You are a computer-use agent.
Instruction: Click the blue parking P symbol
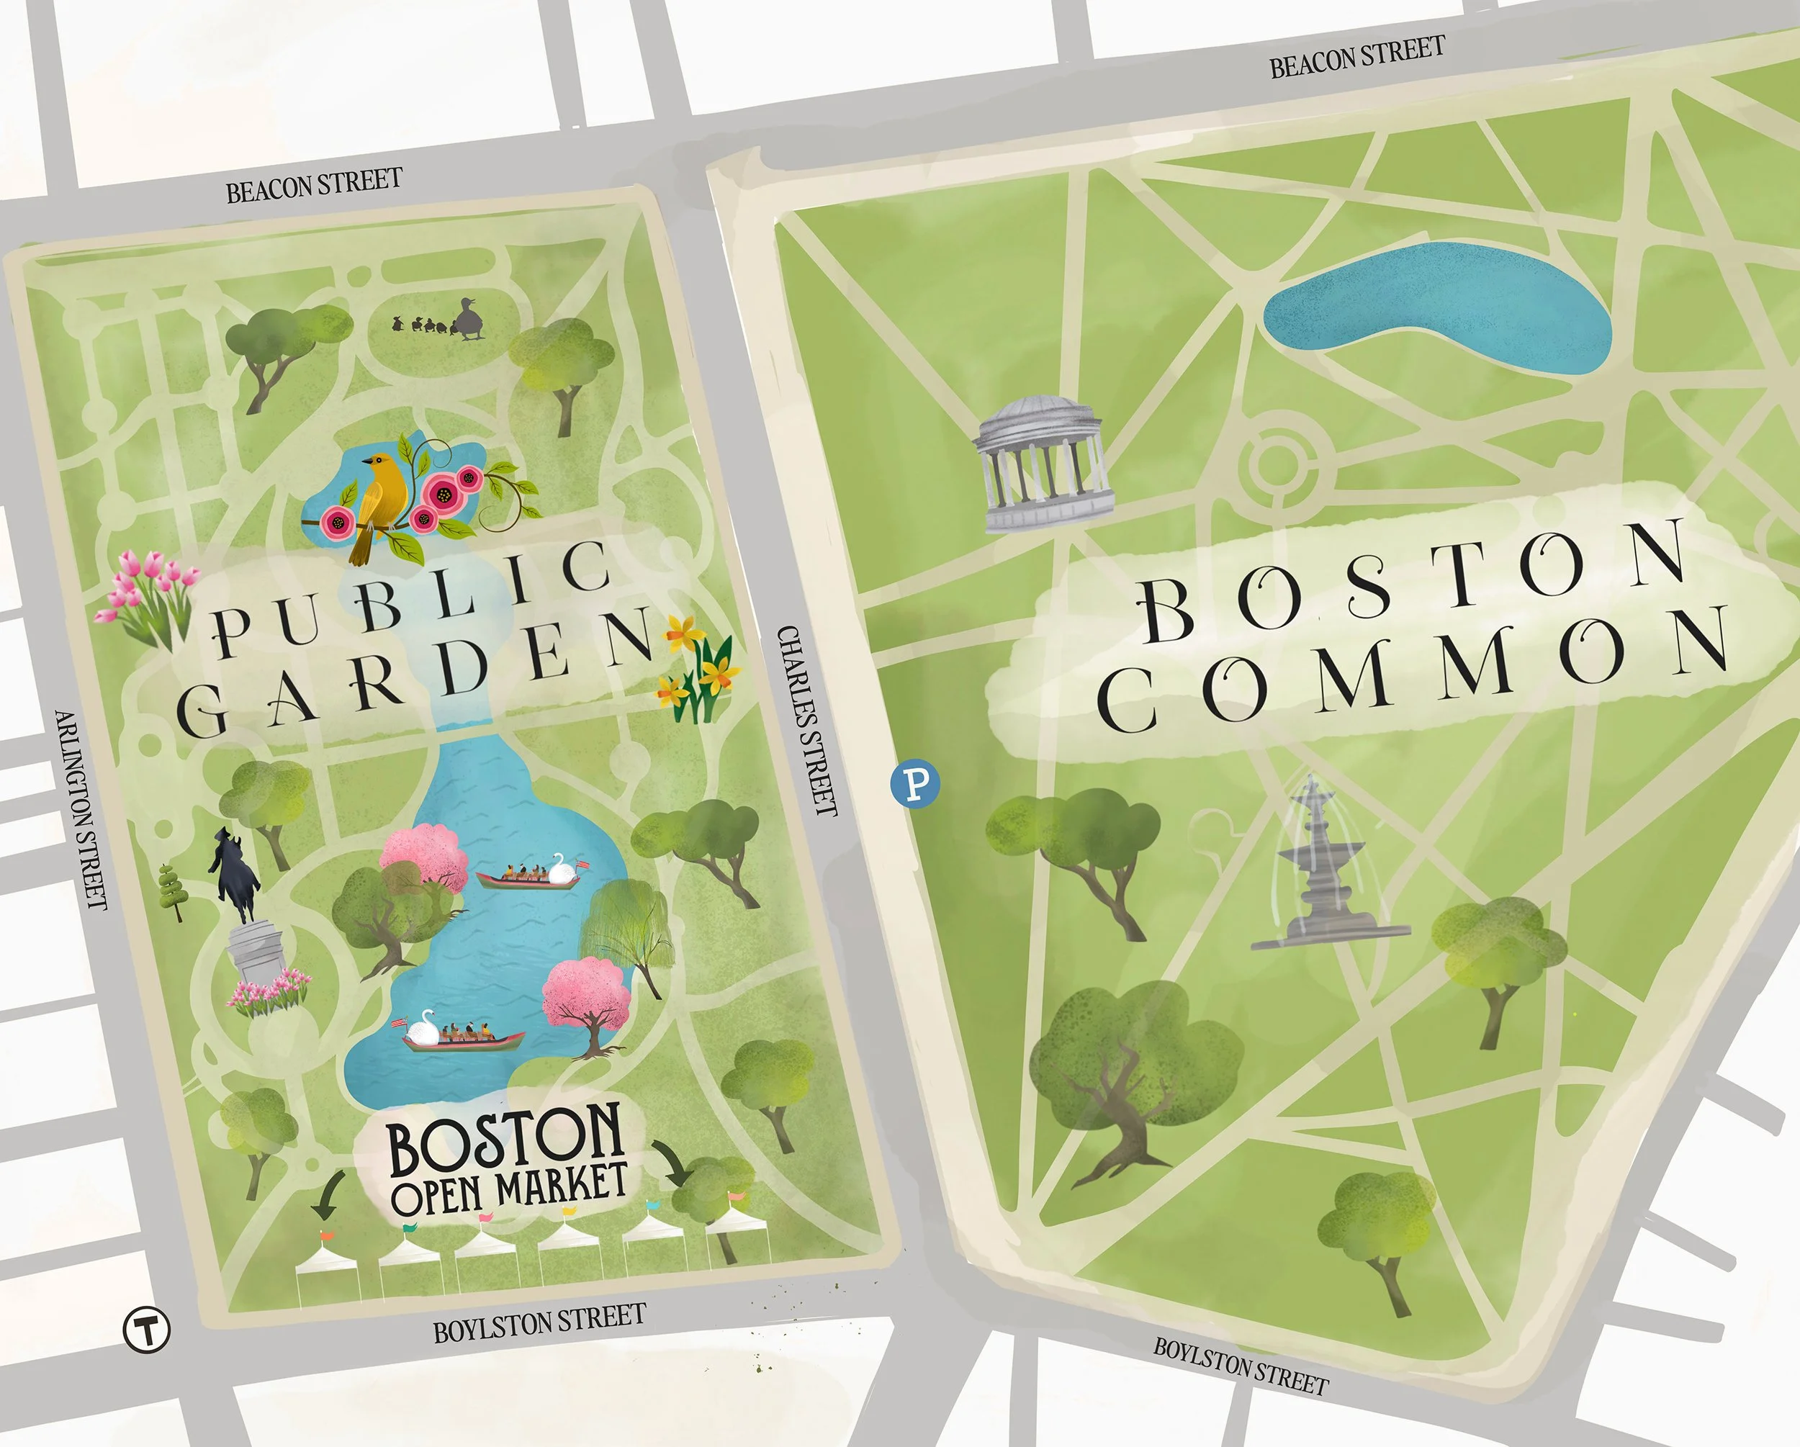(x=915, y=783)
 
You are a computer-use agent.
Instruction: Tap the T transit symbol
(x=147, y=1327)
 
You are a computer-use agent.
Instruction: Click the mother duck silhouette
(x=469, y=320)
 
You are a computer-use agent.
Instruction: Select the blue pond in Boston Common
(x=1436, y=309)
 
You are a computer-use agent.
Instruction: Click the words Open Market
(x=509, y=1188)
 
